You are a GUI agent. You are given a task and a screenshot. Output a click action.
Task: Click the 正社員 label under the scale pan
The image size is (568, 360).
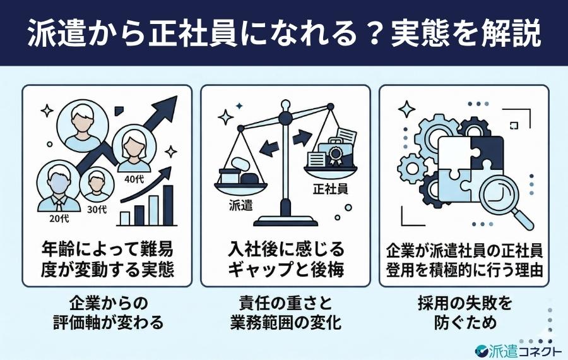[x=329, y=188]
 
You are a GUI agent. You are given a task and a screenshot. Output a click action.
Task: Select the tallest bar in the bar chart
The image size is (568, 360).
[x=168, y=205]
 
